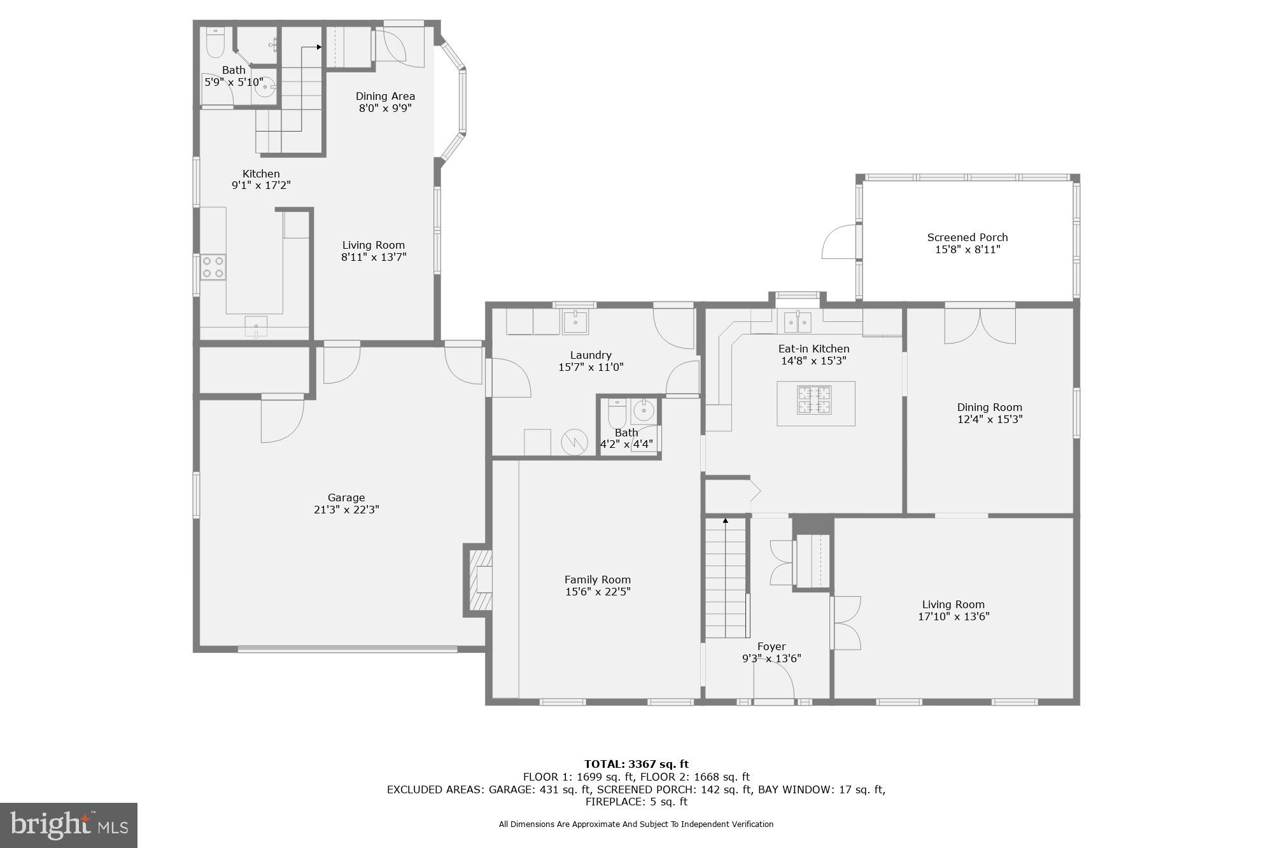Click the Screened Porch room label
[967, 237]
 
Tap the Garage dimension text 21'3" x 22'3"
[346, 510]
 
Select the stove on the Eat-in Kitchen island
[815, 400]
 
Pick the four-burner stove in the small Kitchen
[213, 267]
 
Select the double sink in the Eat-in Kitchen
[797, 323]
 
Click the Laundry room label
[591, 355]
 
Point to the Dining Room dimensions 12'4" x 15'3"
[989, 419]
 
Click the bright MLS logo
[69, 825]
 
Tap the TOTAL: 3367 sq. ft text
[636, 764]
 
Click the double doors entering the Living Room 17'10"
[847, 623]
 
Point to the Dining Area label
[385, 96]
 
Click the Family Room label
[597, 580]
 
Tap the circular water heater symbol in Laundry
[574, 442]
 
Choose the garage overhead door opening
[348, 649]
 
